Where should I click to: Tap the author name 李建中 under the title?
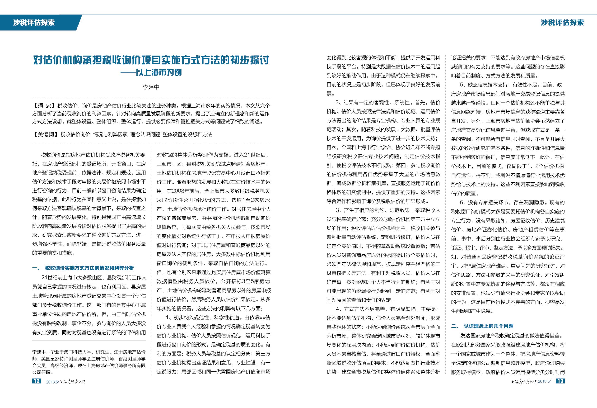point(151,87)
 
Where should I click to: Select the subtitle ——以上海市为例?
point(151,72)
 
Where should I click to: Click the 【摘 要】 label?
point(44,105)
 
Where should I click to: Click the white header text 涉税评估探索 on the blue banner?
point(34,23)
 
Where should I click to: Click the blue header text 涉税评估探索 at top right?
point(562,23)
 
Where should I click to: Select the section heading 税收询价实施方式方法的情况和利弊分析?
point(89,268)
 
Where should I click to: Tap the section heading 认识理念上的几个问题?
point(488,326)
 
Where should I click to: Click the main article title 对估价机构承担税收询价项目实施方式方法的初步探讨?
point(151,60)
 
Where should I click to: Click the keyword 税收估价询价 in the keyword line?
point(75,134)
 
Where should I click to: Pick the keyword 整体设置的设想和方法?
point(187,134)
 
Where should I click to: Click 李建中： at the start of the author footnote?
point(40,352)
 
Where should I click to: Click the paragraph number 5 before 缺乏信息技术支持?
point(461,85)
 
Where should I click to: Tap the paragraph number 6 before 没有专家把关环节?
point(461,202)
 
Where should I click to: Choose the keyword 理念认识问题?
point(145,134)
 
